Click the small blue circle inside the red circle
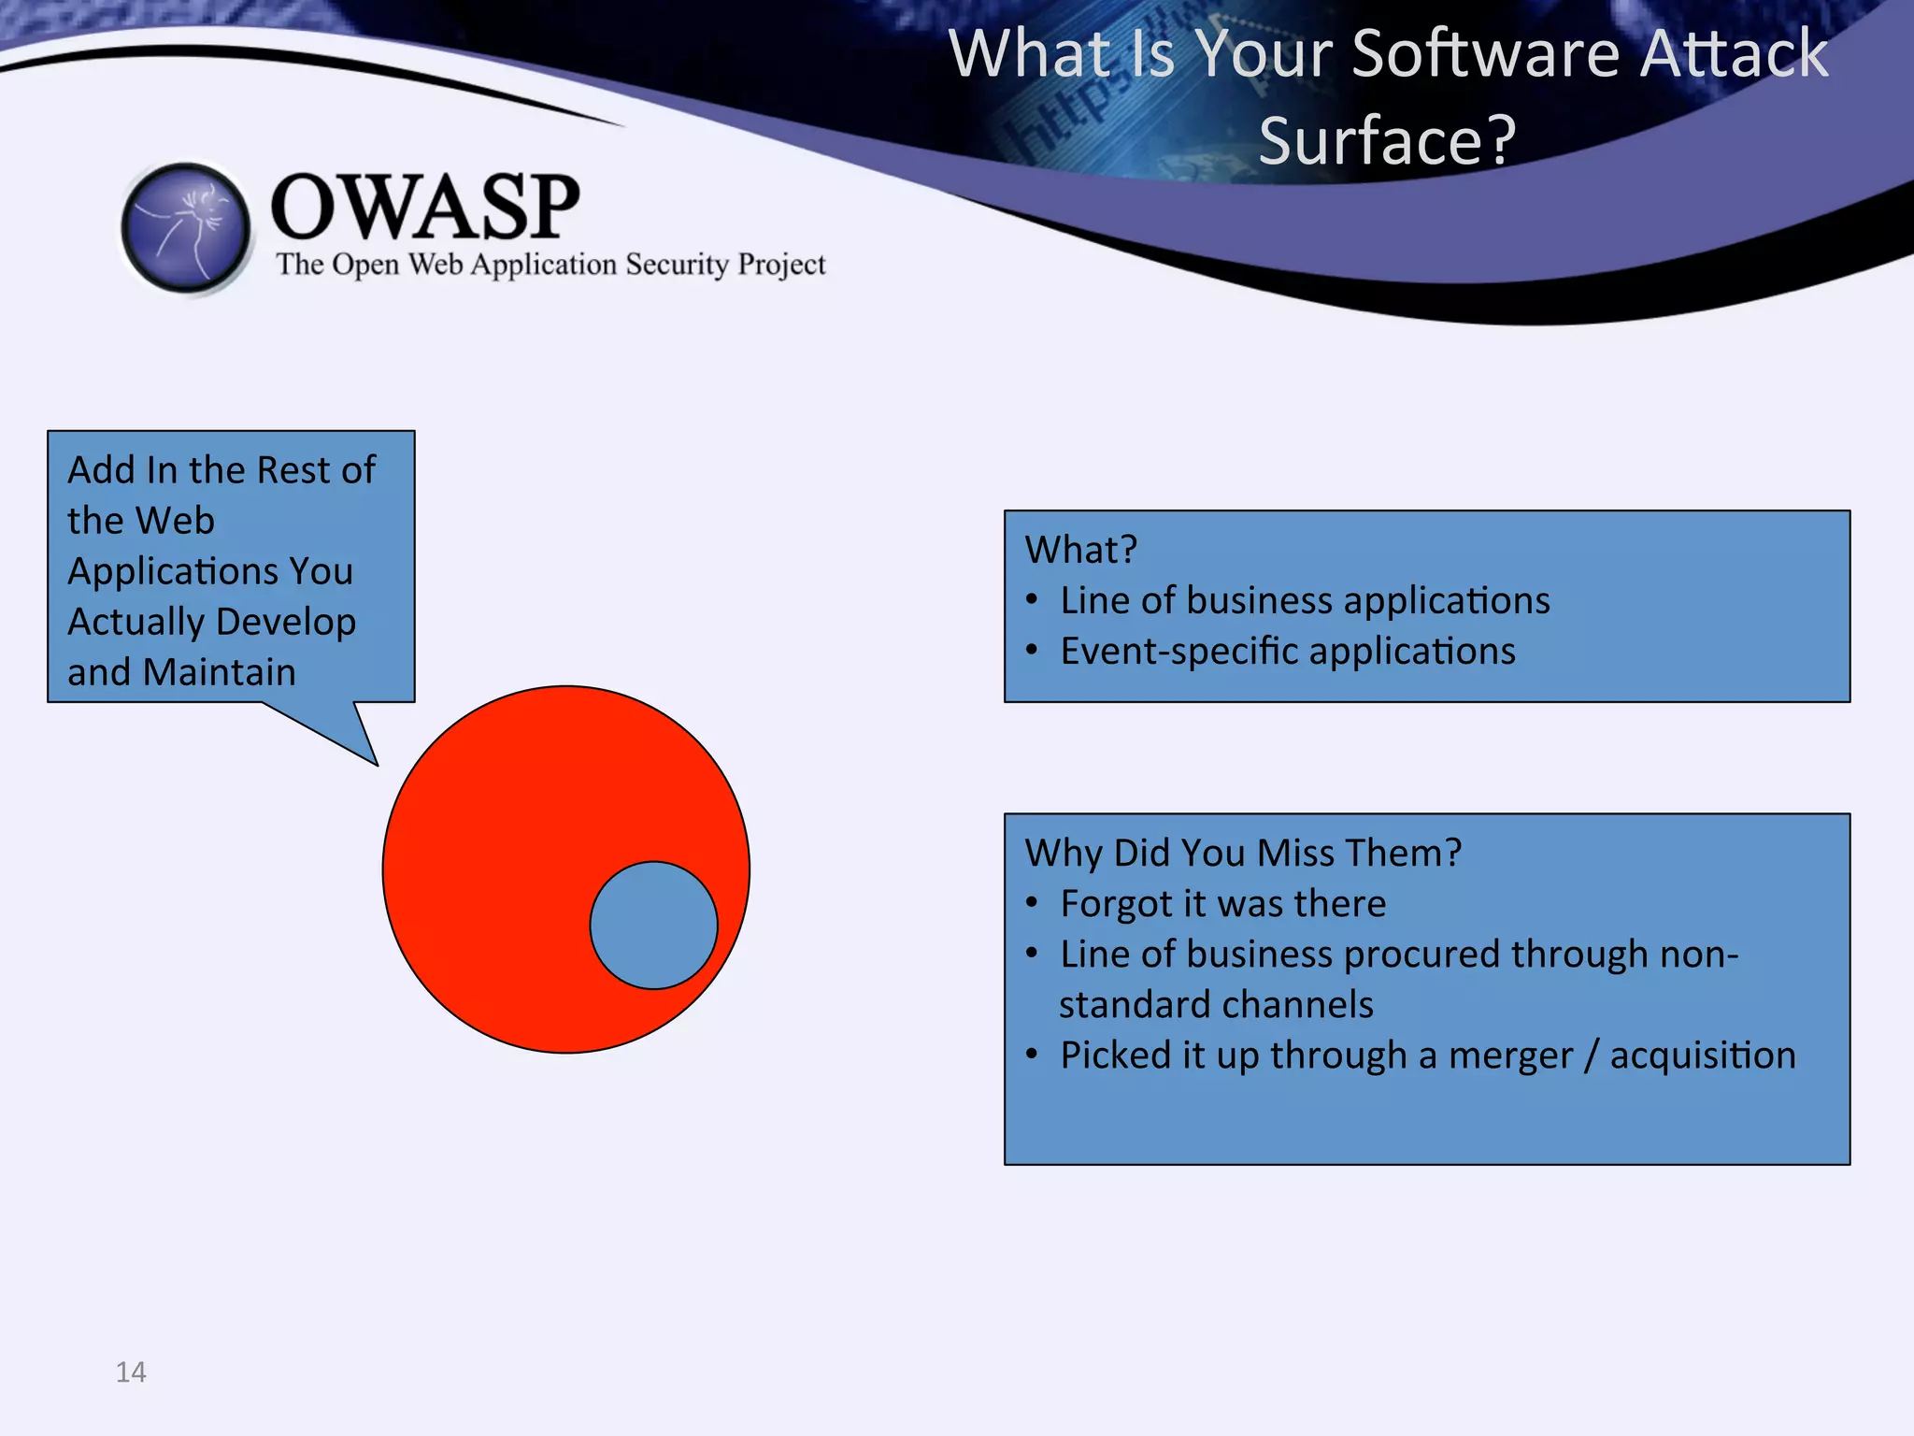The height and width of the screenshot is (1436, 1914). click(x=653, y=925)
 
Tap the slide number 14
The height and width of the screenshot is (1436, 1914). click(x=131, y=1371)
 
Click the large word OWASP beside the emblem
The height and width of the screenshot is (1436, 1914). click(x=425, y=208)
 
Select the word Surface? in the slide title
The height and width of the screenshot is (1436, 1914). click(x=1387, y=140)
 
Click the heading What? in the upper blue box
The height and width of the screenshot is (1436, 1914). click(x=1080, y=550)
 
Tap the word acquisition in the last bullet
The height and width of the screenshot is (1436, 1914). click(x=1702, y=1055)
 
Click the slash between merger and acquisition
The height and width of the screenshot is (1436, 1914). click(x=1592, y=1055)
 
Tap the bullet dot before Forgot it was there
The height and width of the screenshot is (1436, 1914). click(x=1032, y=903)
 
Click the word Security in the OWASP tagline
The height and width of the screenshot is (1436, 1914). click(x=677, y=265)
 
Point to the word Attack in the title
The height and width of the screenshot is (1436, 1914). click(x=1735, y=53)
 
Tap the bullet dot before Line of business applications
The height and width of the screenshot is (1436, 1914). click(x=1032, y=599)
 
